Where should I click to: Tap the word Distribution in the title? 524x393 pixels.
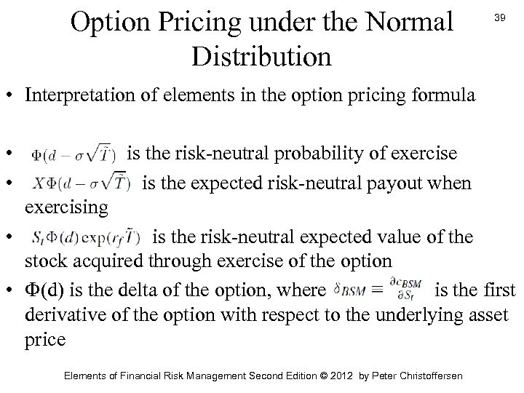[x=262, y=56]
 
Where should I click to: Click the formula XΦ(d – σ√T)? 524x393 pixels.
[x=80, y=182]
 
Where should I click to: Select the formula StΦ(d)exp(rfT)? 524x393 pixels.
[x=86, y=239]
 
